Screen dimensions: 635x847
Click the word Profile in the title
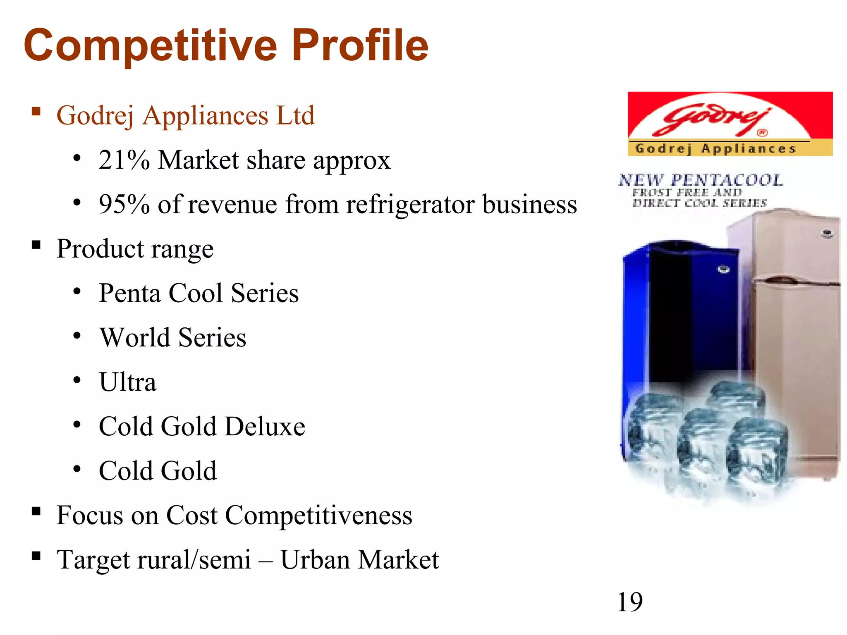[x=360, y=45]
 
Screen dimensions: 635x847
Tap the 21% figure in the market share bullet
[x=124, y=160]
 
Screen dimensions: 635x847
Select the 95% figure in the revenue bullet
[x=124, y=204]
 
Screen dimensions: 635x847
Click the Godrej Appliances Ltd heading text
[x=185, y=115]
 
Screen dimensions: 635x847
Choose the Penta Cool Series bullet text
[x=199, y=293]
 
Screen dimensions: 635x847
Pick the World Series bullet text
[x=172, y=337]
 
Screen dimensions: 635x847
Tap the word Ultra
[x=127, y=382]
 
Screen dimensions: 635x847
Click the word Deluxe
[x=265, y=426]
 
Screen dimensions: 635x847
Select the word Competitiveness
[x=318, y=516]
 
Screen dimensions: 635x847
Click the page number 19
[x=629, y=602]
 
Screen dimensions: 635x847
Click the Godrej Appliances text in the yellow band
[x=716, y=148]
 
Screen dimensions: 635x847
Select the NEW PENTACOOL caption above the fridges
[x=701, y=180]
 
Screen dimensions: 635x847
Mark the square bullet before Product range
[x=36, y=245]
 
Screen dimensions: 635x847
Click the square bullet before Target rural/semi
[x=36, y=556]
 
